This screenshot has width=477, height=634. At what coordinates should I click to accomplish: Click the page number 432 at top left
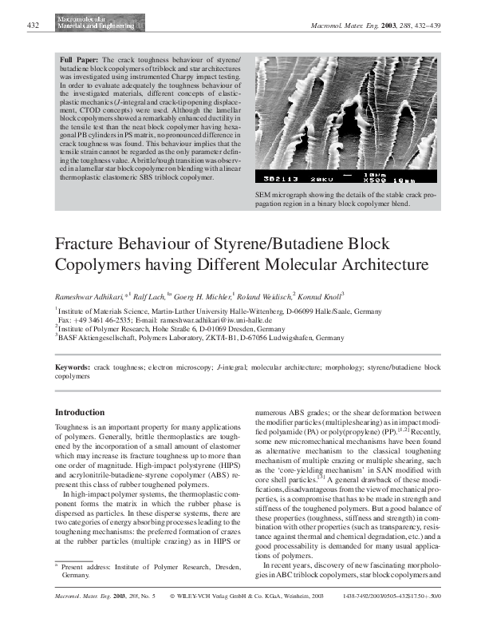click(34, 26)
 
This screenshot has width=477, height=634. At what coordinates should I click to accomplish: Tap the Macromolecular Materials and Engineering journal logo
click(86, 22)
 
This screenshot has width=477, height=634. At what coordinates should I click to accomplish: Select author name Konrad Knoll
click(320, 295)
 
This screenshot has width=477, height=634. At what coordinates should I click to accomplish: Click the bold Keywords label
click(72, 367)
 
